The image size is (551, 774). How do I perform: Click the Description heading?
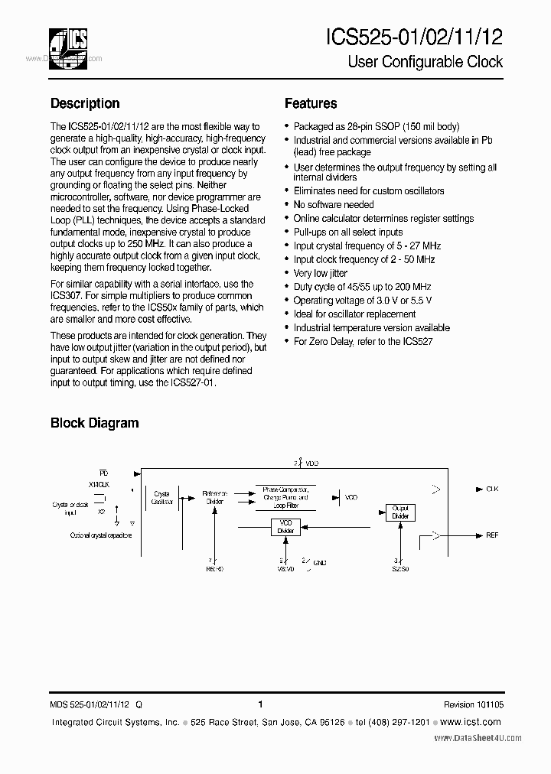pos(85,103)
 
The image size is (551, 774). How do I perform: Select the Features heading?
pos(311,103)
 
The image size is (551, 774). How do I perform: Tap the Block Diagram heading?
pos(95,422)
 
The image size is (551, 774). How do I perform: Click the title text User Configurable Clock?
pos(425,62)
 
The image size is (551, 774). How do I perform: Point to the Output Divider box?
pos(400,512)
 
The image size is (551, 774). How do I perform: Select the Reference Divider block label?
pos(214,497)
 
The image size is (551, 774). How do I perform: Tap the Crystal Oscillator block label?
pos(162,497)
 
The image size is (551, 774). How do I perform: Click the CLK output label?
pos(491,488)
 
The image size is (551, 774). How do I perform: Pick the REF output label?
pos(491,535)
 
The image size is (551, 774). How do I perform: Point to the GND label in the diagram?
pos(320,563)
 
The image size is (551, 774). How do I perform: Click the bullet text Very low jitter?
pos(321,273)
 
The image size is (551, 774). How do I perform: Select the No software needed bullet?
pos(334,205)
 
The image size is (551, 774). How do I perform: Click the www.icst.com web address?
pos(471,722)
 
